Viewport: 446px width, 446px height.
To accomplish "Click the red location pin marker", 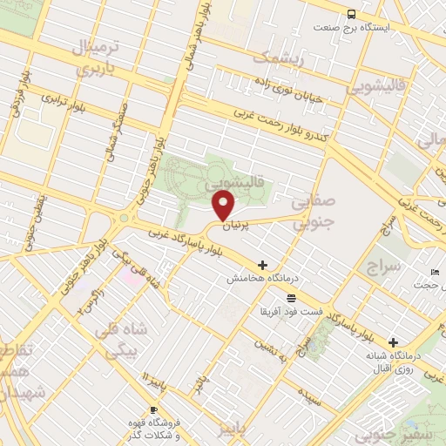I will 225,206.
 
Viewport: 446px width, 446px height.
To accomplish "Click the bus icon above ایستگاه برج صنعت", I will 351,14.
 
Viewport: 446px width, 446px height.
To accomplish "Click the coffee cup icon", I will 154,410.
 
